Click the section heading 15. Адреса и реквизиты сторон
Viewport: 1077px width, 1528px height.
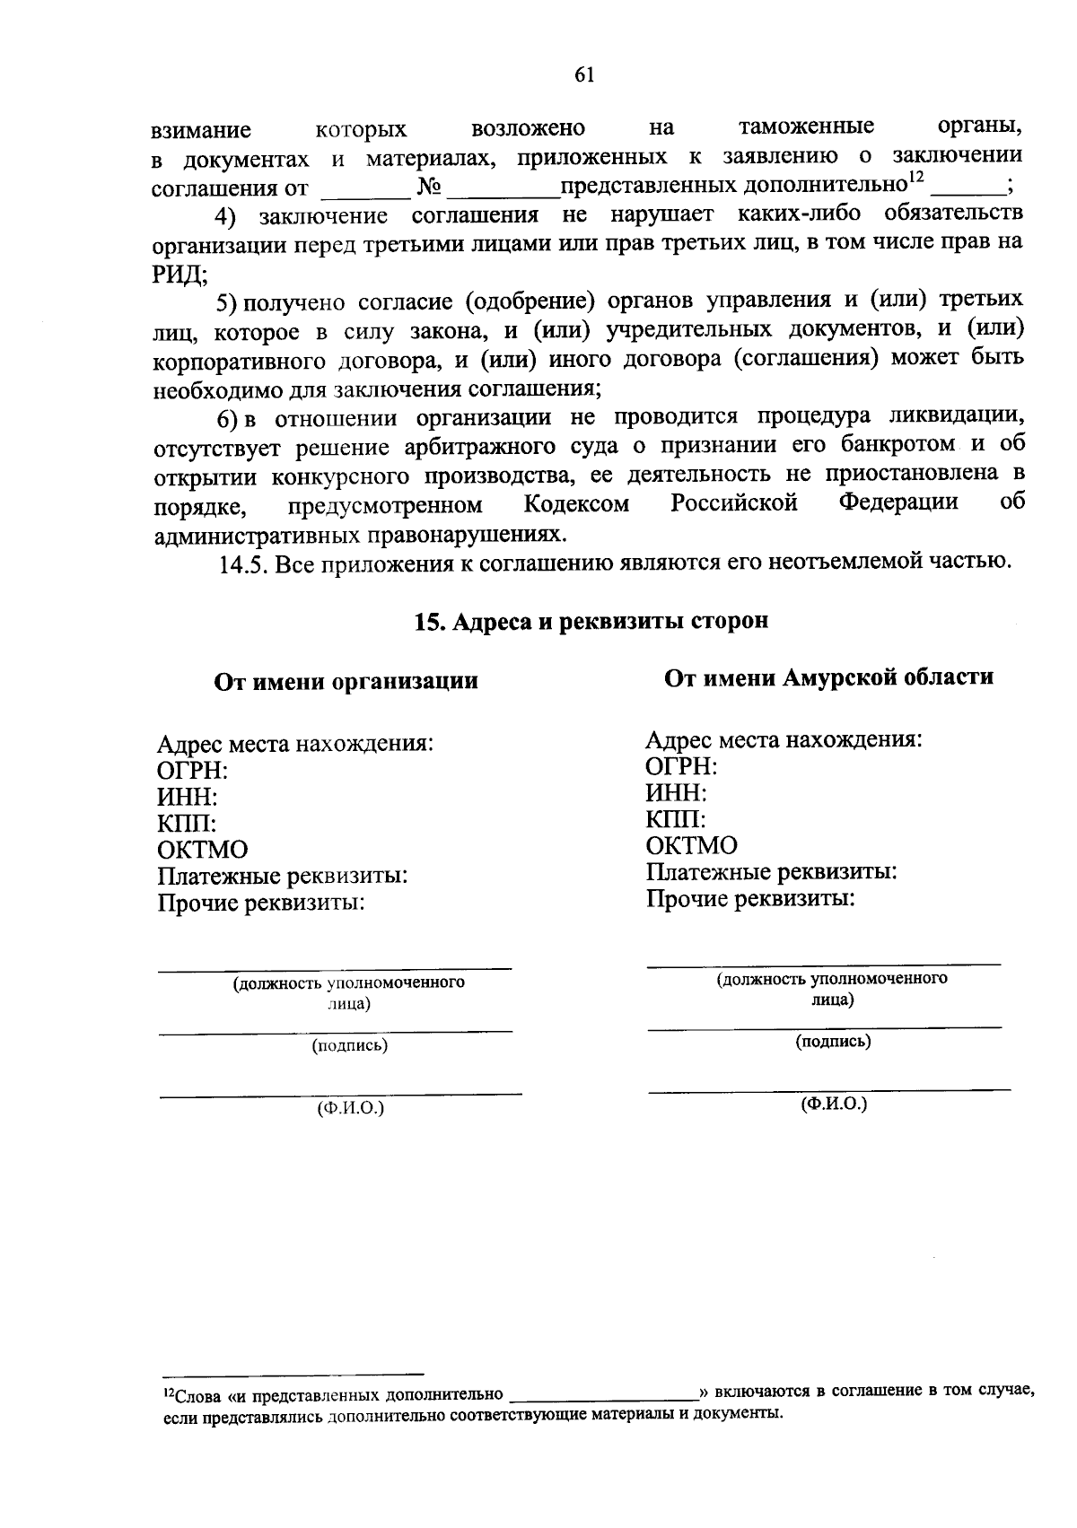[591, 621]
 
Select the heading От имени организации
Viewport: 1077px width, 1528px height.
[346, 681]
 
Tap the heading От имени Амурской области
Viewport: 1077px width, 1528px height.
[828, 677]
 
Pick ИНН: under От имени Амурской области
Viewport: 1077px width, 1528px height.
[676, 793]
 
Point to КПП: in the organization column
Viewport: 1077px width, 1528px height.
[187, 823]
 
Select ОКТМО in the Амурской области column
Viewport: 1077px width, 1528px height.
[691, 845]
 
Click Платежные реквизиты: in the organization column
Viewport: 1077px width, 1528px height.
[283, 876]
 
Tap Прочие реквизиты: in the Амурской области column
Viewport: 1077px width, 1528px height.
[750, 898]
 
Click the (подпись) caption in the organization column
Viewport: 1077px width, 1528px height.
[349, 1045]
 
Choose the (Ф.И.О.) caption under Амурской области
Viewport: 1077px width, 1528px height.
[834, 1104]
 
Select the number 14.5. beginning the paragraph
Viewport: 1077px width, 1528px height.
[243, 564]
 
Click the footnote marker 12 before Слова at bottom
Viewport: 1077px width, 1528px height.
[168, 1393]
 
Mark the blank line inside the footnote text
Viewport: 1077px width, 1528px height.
[603, 1396]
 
